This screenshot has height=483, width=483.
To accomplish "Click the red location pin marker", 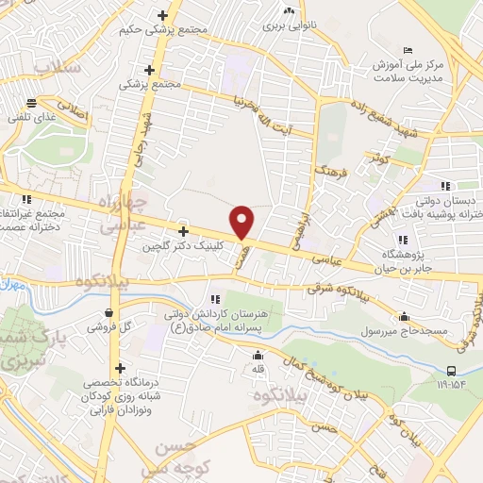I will click(x=242, y=222).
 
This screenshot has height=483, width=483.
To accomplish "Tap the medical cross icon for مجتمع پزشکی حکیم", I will click(x=163, y=15).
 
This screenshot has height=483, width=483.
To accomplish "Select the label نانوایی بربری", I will click(x=288, y=25).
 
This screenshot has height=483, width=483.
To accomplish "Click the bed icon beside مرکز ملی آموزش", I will click(x=408, y=49).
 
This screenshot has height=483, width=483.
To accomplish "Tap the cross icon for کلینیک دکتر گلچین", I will click(x=183, y=230).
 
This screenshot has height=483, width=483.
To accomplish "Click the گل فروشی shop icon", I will click(x=110, y=312).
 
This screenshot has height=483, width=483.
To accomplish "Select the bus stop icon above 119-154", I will click(x=451, y=370).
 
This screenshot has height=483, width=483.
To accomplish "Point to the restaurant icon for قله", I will click(x=258, y=356).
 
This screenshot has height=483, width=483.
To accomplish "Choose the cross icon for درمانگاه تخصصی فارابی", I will click(x=119, y=369).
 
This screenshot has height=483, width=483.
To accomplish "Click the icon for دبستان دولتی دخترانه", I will click(x=444, y=185).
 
